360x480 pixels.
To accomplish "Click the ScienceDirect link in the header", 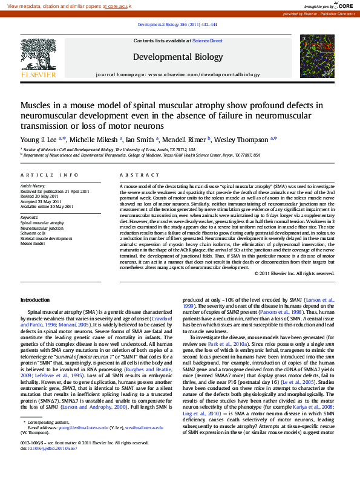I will click(208, 41).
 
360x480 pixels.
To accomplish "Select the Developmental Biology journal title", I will click(177, 57).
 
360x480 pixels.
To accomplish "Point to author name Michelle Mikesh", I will click(93, 139).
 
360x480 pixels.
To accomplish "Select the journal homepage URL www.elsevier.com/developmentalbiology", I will click(203, 74).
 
